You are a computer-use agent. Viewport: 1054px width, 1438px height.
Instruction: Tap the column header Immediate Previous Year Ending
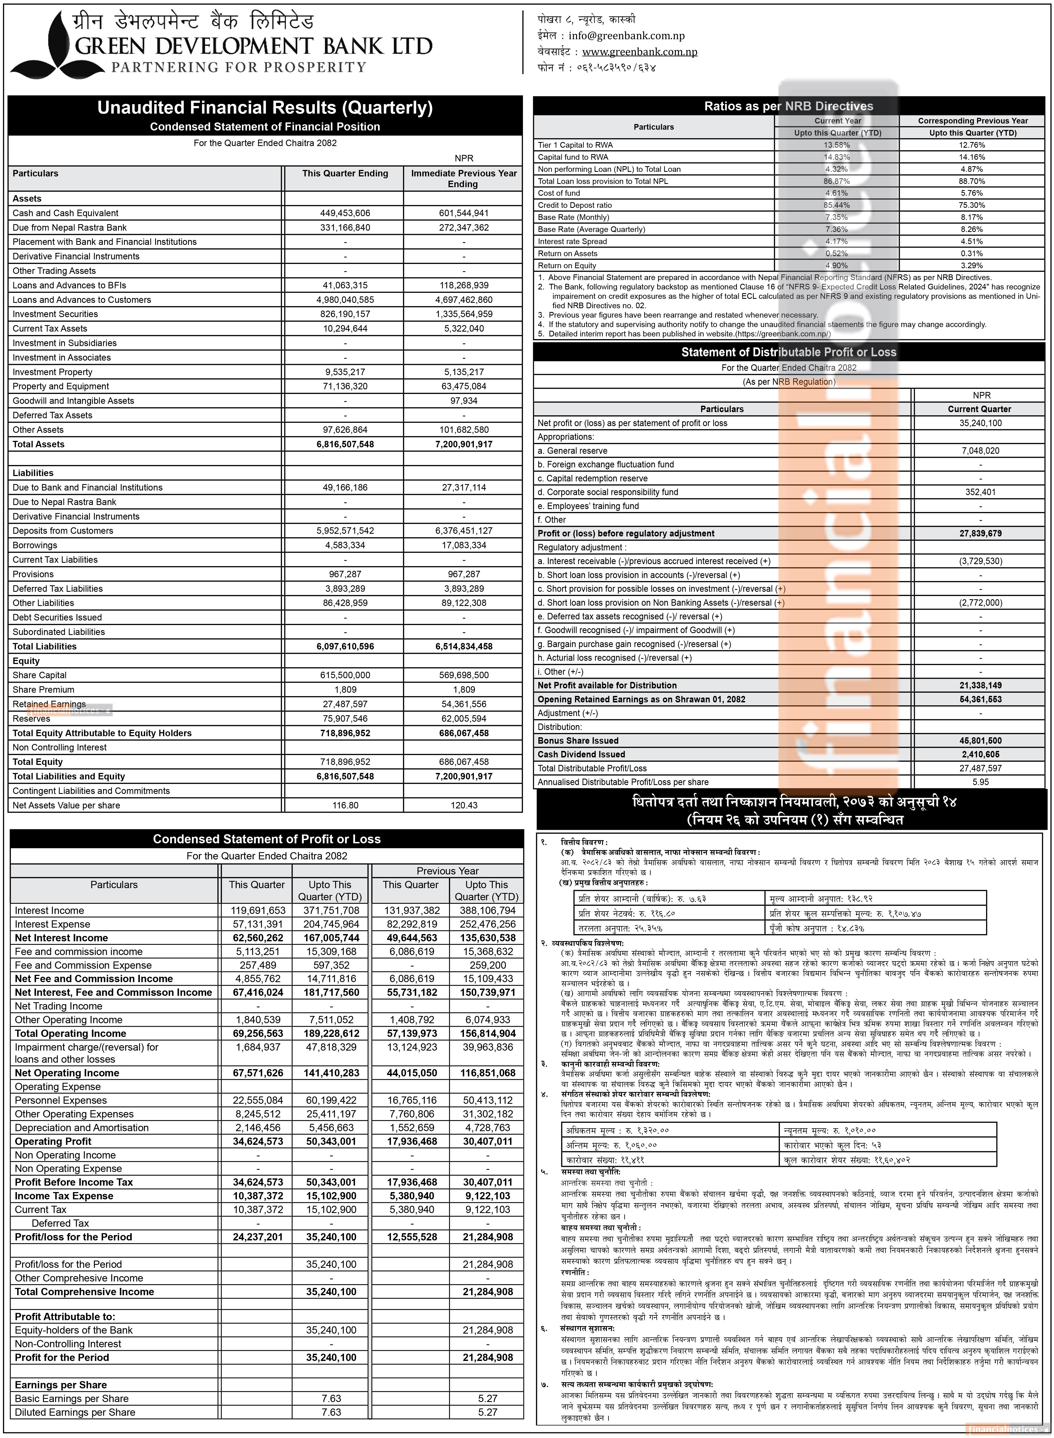coord(463,179)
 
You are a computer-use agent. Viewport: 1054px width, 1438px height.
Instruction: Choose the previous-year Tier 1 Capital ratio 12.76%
coord(972,145)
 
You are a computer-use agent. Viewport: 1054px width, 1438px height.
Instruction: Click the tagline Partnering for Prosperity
coord(239,67)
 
